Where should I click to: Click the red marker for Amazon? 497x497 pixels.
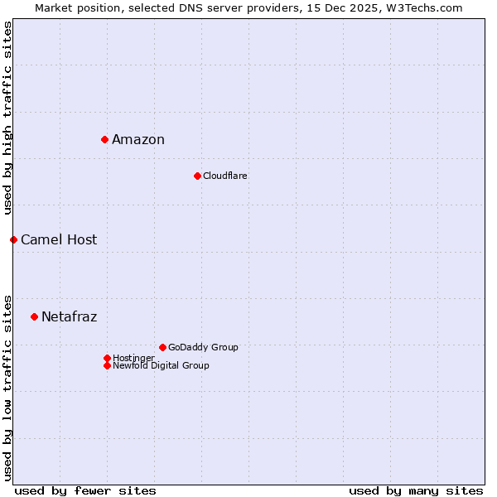[x=104, y=139]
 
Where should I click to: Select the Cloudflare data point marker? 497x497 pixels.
[x=197, y=176]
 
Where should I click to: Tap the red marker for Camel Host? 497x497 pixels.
[x=13, y=239]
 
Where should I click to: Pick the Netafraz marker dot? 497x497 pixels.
[x=34, y=316]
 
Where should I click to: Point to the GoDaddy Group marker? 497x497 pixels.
[x=162, y=347]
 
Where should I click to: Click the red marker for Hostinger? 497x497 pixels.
[x=107, y=358]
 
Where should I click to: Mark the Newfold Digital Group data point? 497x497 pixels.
[x=107, y=365]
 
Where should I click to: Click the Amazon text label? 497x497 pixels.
[x=138, y=139]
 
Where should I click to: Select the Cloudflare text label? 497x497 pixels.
[x=225, y=176]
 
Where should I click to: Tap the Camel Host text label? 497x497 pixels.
[x=59, y=239]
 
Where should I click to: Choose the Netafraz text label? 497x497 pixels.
[x=70, y=316]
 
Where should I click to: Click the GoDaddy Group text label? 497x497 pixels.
[x=203, y=347]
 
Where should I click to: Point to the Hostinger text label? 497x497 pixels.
[x=134, y=358]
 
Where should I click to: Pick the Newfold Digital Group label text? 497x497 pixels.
[x=162, y=365]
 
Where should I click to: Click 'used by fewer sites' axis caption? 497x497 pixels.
[x=85, y=490]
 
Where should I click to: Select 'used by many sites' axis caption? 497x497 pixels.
[x=416, y=490]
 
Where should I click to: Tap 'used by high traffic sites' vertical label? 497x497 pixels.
[x=7, y=118]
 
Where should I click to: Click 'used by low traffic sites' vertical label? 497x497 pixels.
[x=7, y=387]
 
